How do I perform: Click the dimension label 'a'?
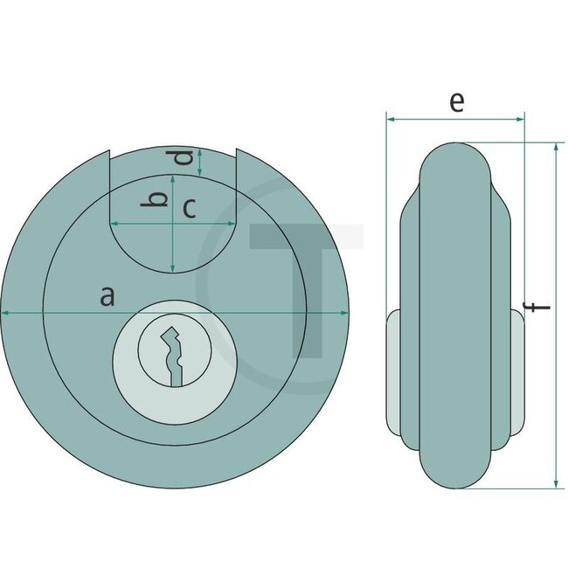[107, 296]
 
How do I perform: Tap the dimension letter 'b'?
[156, 200]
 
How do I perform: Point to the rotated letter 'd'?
[182, 158]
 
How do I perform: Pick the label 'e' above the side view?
[455, 101]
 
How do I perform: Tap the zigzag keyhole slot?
[174, 355]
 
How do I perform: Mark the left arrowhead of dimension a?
[5, 312]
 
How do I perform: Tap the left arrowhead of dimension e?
[390, 118]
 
